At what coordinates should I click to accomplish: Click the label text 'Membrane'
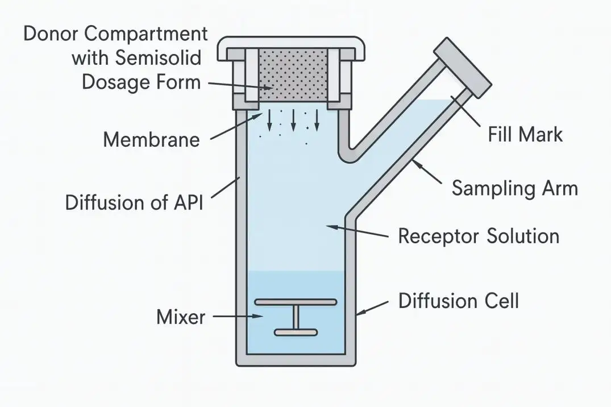[x=151, y=139]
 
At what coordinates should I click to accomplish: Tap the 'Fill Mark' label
[x=525, y=135]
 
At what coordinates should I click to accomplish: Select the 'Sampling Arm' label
[x=514, y=188]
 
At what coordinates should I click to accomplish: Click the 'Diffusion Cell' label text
[x=458, y=300]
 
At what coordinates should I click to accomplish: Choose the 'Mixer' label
[x=181, y=317]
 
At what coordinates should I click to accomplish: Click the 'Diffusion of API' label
[x=134, y=202]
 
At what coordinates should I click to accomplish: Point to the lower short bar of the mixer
[x=296, y=332]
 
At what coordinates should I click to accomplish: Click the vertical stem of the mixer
[x=296, y=317]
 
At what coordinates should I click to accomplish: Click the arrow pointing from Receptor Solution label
[x=358, y=230]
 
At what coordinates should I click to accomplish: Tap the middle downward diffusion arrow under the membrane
[x=293, y=119]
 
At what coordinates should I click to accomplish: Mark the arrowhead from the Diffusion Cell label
[x=360, y=312]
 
